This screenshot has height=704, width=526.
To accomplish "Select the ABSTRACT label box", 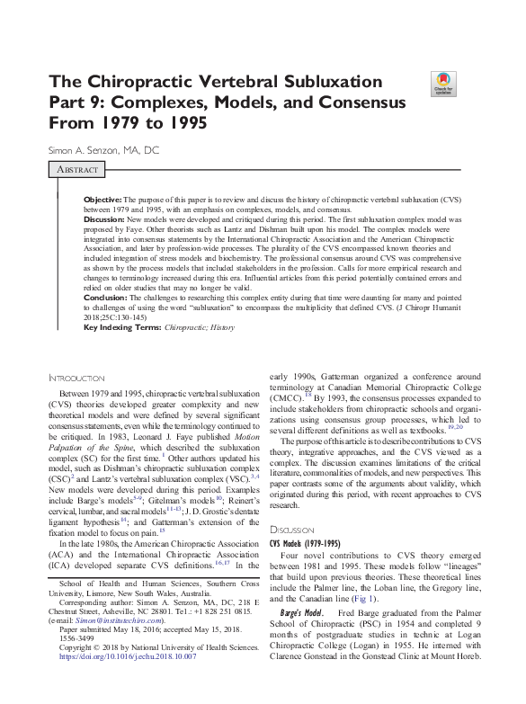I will (x=76, y=169).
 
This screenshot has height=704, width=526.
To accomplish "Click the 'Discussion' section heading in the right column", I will (x=293, y=530).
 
